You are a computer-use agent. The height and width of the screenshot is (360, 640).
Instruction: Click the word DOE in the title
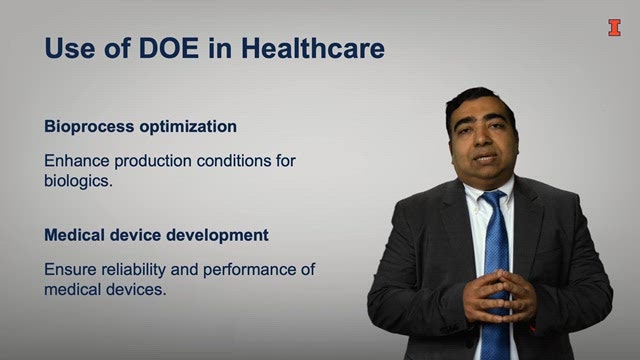(x=169, y=48)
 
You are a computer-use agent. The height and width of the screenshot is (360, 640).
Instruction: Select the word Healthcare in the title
(x=313, y=48)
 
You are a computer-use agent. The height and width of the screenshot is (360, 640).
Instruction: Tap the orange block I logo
(x=614, y=28)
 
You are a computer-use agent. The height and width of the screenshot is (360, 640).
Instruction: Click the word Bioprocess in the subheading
(x=89, y=127)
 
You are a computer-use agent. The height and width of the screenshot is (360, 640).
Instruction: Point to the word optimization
(x=188, y=127)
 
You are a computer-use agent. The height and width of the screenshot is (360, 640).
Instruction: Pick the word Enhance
(x=77, y=160)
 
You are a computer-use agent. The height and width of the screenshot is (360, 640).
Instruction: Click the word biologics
(x=78, y=181)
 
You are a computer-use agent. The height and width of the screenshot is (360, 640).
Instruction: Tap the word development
(x=217, y=236)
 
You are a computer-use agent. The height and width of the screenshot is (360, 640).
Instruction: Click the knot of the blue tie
(x=494, y=198)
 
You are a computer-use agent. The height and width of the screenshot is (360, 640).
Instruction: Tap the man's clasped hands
(x=499, y=295)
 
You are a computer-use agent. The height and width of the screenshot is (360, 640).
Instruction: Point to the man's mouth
(x=485, y=158)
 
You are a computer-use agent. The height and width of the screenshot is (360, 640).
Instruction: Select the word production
(x=153, y=161)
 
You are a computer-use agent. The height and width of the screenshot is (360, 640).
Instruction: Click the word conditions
(x=233, y=160)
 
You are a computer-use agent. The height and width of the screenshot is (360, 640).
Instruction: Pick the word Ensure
(x=70, y=269)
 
